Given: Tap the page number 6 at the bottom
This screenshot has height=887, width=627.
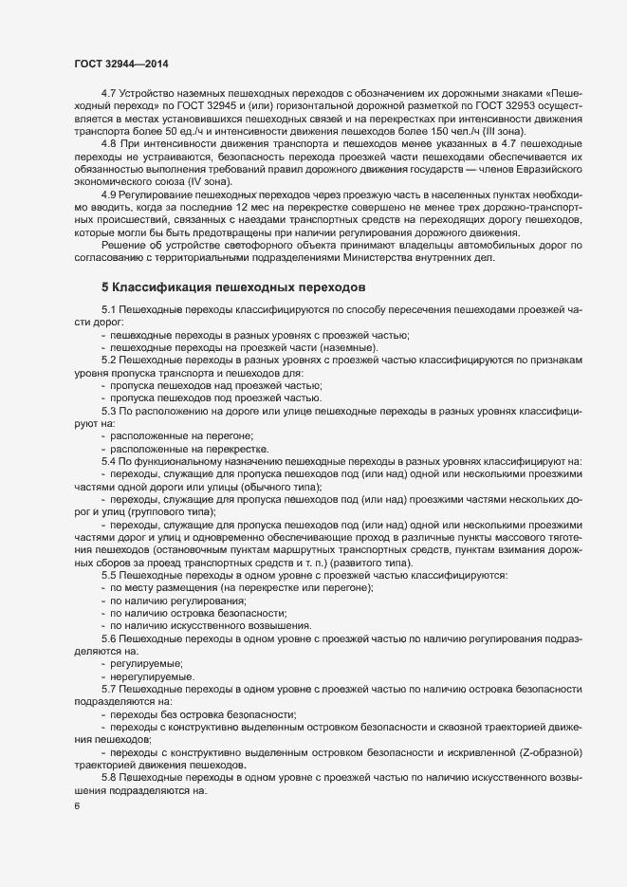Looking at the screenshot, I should (x=77, y=806).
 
